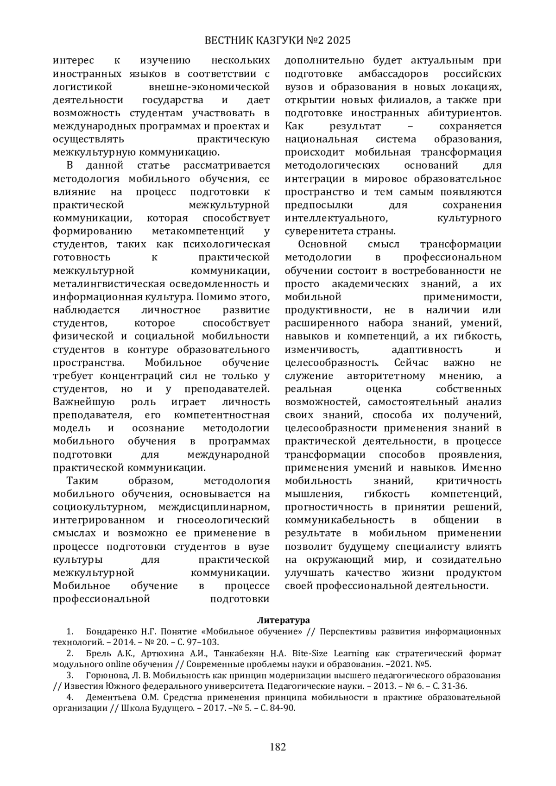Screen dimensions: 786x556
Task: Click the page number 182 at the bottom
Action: [x=278, y=747]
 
